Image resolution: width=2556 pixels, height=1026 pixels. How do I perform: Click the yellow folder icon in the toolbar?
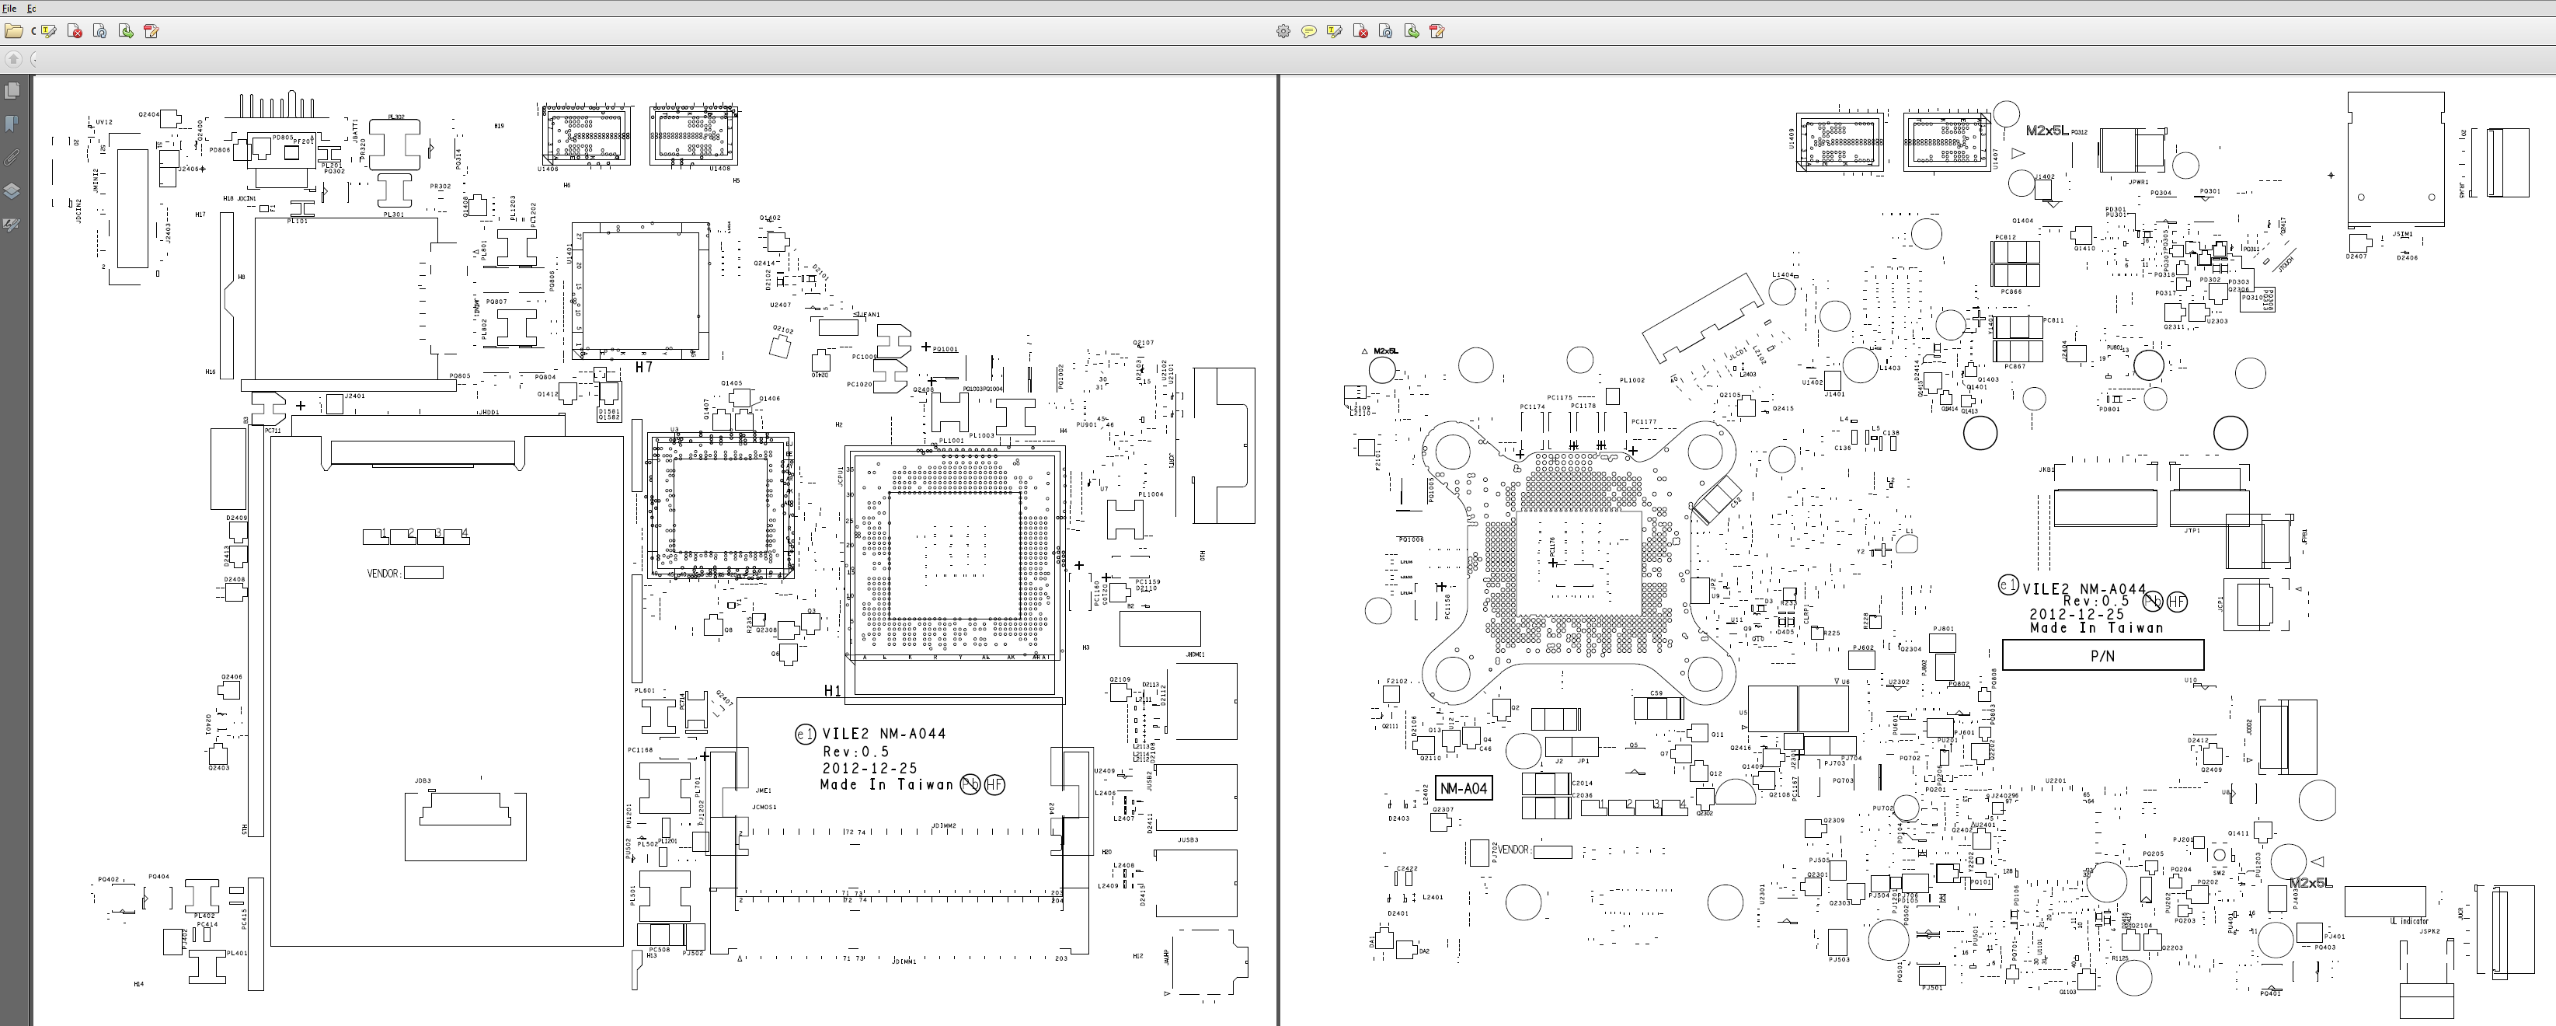point(14,32)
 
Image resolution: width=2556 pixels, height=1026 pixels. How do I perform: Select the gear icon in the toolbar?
point(1283,32)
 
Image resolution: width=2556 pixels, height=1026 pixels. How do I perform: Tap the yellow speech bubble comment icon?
point(1309,32)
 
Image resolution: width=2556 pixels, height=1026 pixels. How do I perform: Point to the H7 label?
point(644,367)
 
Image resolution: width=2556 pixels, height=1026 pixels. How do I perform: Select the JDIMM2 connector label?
point(944,825)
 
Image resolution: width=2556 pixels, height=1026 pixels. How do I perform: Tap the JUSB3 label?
point(1188,839)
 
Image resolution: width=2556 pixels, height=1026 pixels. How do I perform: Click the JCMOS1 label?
point(764,807)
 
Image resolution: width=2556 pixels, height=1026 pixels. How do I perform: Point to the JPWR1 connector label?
point(2138,183)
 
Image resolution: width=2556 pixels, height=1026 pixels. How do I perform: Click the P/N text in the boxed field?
point(2102,656)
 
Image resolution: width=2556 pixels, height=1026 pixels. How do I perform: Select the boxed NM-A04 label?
point(1464,789)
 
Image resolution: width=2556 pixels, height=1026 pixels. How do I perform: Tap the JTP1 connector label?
point(2192,531)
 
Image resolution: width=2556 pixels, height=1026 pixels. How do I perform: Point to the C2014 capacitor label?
point(1582,783)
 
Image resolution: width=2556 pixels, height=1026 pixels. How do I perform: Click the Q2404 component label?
point(148,114)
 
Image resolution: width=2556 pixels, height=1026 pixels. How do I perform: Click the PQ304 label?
point(2161,194)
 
